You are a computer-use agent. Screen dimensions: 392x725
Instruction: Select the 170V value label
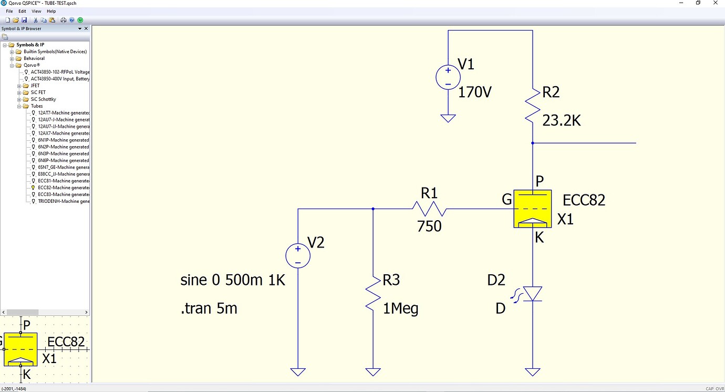pos(474,92)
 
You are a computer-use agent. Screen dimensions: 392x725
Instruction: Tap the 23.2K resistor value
pos(561,121)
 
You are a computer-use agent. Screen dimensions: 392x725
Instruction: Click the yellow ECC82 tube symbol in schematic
pos(532,209)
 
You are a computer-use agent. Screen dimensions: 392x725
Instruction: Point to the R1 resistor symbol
pos(429,209)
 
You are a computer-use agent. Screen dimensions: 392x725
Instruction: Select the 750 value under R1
pos(429,226)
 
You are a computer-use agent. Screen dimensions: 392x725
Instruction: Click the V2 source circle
pos(298,256)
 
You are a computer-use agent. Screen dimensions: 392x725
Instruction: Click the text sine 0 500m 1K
pos(232,280)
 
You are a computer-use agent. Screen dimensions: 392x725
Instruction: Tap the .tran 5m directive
pos(209,308)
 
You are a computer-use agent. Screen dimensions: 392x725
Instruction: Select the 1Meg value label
pos(400,308)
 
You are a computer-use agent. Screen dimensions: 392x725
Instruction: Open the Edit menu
pos(22,11)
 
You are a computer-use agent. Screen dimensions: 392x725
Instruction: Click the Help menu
pos(51,11)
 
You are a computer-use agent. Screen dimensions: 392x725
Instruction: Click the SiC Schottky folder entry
pos(43,99)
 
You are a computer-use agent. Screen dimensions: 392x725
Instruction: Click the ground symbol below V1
pos(448,119)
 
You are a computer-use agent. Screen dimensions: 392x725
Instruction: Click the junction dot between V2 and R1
pos(373,209)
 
